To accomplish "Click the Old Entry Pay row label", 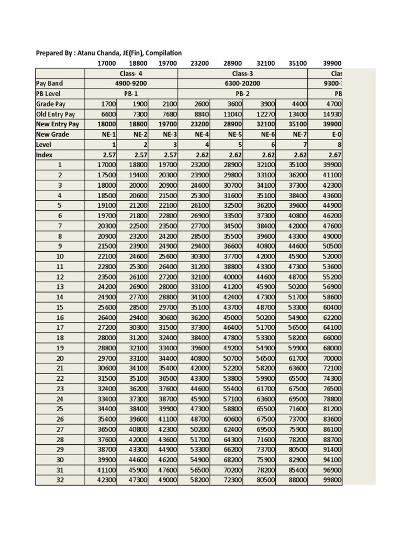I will point(55,114).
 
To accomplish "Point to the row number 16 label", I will point(60,318).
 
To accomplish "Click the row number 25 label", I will point(60,409).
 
